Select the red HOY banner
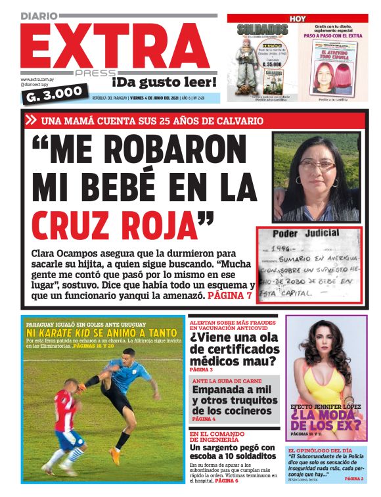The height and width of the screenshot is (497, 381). pos(298,18)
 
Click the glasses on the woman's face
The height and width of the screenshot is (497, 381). pos(312,166)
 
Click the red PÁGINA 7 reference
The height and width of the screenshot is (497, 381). pos(229,296)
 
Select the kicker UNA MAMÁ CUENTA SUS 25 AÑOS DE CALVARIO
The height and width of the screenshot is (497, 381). pos(152,121)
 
